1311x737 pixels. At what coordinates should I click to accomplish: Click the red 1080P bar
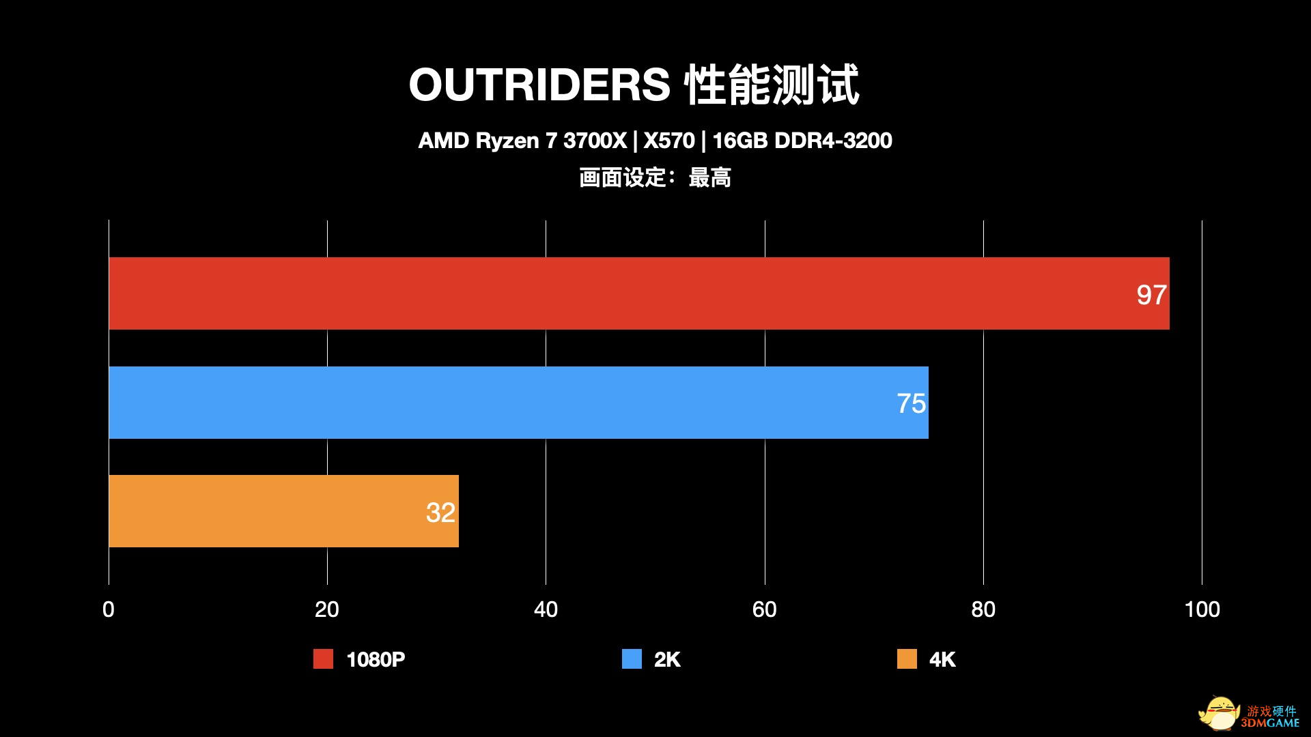615,293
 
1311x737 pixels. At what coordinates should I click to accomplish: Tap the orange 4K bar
273,511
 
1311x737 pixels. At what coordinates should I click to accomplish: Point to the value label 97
1151,295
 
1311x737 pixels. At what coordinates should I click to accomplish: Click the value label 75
911,403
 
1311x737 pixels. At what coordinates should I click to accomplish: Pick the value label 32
440,512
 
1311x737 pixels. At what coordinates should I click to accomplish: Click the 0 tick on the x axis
109,609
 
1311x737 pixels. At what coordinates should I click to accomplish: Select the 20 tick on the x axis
327,609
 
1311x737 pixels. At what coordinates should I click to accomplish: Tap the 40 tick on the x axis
546,609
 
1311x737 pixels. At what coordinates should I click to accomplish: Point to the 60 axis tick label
765,609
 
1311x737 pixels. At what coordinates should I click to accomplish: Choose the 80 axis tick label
983,609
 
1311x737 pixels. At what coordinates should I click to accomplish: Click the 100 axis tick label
1202,609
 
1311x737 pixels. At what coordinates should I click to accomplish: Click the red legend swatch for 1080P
323,659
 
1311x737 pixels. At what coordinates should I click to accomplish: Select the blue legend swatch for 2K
632,659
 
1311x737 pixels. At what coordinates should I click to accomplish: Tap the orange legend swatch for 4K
907,659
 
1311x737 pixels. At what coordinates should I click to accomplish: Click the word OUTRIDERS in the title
539,85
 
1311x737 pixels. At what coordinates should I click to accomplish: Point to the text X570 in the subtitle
668,141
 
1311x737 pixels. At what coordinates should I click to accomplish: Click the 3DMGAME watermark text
1271,723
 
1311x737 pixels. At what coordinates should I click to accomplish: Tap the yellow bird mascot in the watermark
1219,714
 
